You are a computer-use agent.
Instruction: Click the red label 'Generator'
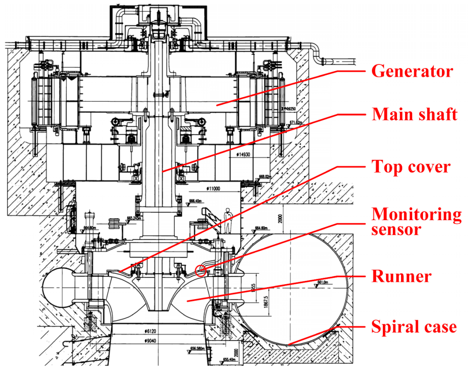(412, 71)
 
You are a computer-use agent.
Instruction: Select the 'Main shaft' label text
(415, 114)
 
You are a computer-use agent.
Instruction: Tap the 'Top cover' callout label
(411, 167)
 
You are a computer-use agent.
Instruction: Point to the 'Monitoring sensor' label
(416, 222)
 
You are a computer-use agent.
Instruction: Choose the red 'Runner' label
(401, 276)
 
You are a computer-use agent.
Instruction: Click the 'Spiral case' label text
(414, 327)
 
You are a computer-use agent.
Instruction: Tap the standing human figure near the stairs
(227, 221)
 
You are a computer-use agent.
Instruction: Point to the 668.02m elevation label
(266, 177)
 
